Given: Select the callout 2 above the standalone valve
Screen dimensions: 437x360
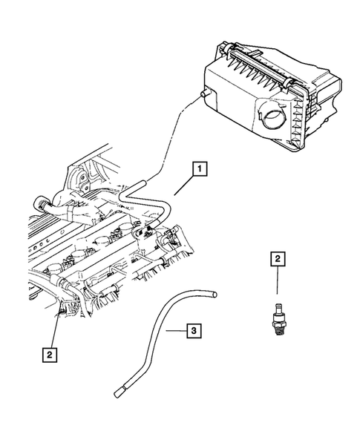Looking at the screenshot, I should (277, 259).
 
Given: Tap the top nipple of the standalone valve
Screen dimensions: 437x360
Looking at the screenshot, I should (276, 298).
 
